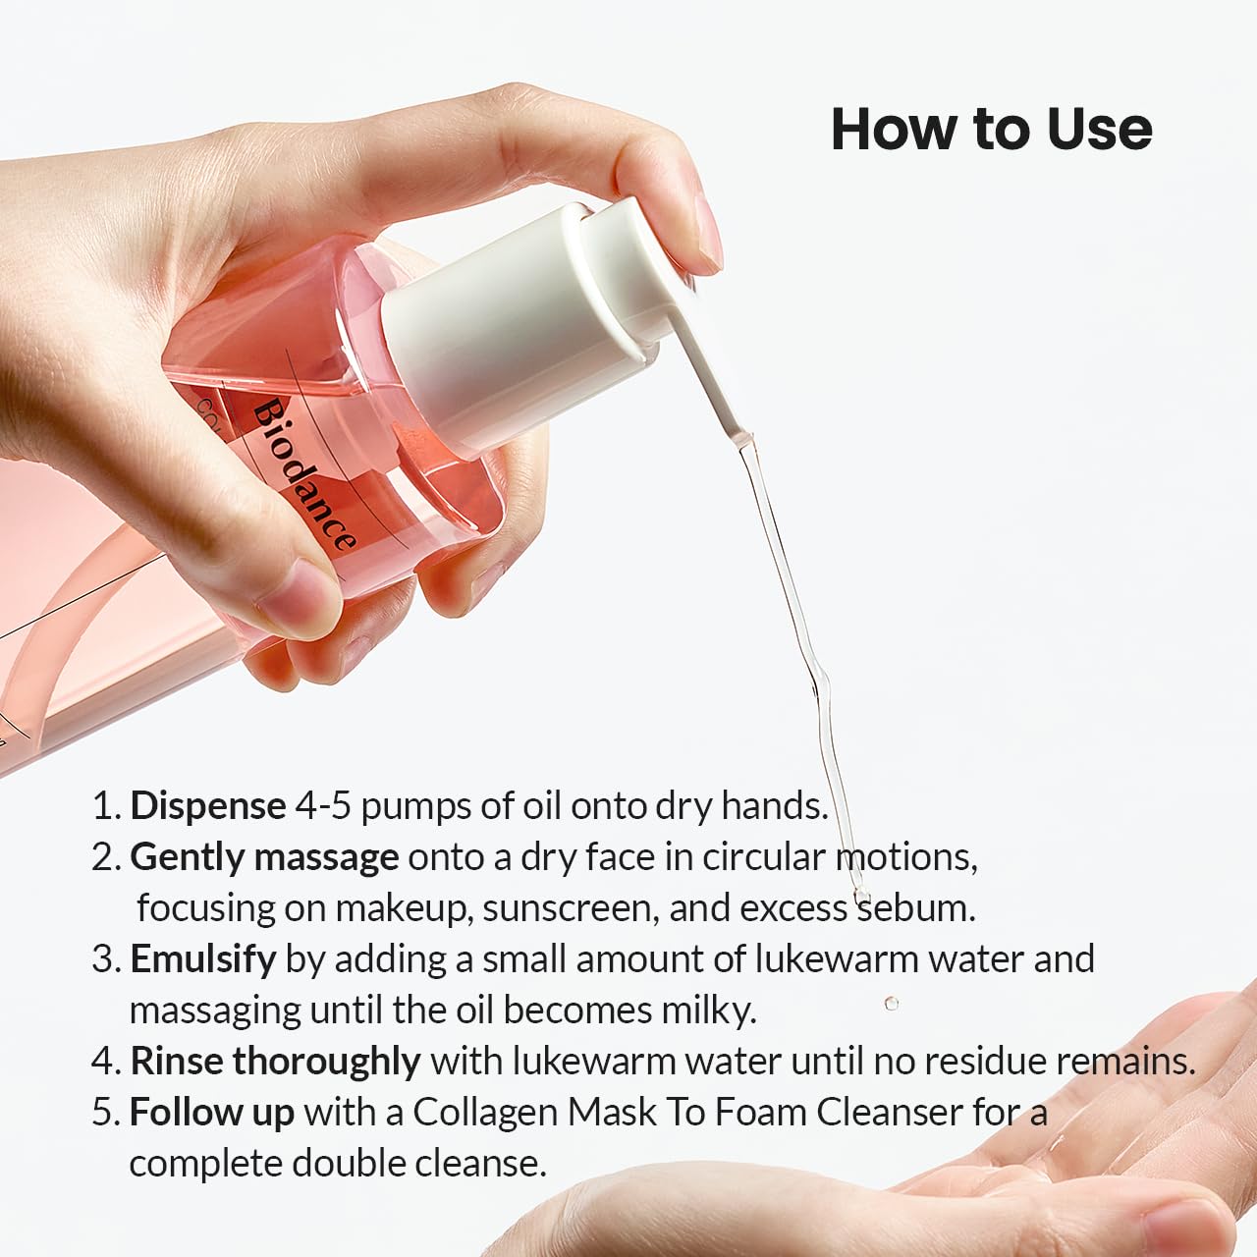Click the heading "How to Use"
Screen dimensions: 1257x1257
(992, 130)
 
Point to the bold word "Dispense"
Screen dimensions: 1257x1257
(208, 807)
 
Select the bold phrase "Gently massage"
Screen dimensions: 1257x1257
(264, 857)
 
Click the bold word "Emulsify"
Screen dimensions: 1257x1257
(203, 959)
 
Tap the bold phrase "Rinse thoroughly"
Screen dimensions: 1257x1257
(275, 1062)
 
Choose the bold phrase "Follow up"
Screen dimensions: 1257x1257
(212, 1113)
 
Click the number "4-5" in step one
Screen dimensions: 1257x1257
(323, 806)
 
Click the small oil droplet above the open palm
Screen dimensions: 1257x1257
(892, 1003)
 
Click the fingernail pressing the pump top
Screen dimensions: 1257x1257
(709, 232)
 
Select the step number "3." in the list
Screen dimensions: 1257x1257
(107, 959)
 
